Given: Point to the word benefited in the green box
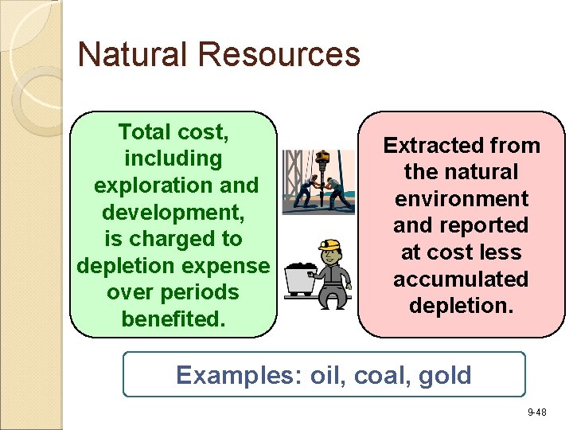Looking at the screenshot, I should (x=173, y=319).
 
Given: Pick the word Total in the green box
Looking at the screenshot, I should (x=144, y=131).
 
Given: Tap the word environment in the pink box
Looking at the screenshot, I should (x=461, y=198).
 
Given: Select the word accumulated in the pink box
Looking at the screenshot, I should (x=461, y=279).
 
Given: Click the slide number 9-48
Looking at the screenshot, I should (x=536, y=412).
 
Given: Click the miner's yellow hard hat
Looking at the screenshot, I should (x=329, y=245).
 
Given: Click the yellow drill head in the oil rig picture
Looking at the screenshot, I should (x=323, y=157).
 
